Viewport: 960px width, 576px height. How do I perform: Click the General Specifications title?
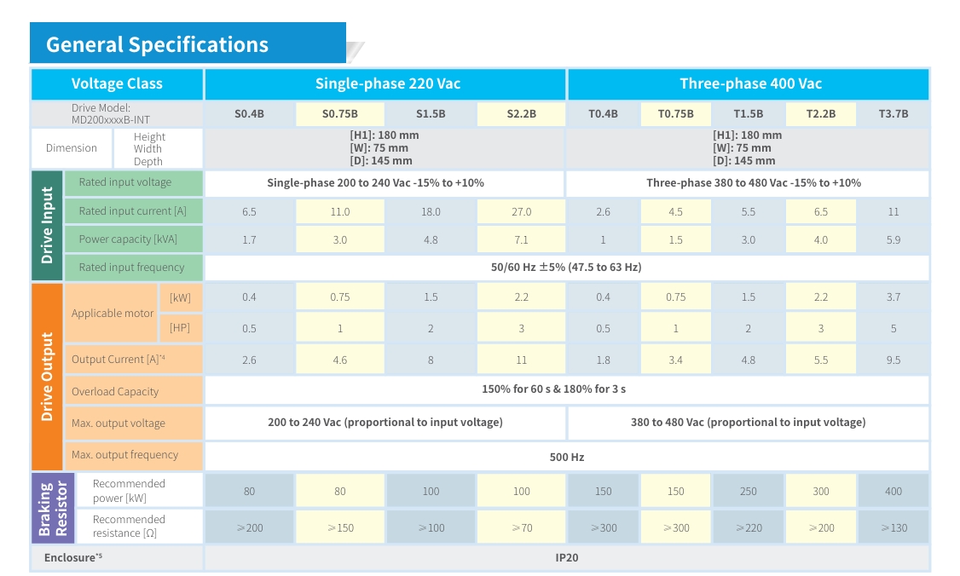click(x=157, y=44)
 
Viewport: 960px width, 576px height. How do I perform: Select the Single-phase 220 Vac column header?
click(x=388, y=84)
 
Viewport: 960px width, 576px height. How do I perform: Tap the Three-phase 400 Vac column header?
click(x=750, y=84)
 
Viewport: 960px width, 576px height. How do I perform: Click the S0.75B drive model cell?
click(x=339, y=113)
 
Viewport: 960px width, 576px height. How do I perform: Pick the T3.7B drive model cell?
click(x=893, y=113)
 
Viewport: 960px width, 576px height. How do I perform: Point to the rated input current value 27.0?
click(x=521, y=211)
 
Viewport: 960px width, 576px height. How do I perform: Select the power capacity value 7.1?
click(x=521, y=239)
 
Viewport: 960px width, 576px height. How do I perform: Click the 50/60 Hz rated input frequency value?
click(x=566, y=267)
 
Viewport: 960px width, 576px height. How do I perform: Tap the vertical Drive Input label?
click(x=47, y=225)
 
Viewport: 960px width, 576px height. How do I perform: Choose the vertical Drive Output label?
click(x=47, y=376)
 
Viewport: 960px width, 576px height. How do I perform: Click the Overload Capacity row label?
click(x=115, y=391)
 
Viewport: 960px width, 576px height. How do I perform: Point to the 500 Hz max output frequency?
click(x=566, y=457)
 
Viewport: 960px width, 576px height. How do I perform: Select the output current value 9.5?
click(x=893, y=360)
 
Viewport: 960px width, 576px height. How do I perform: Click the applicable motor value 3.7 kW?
click(x=893, y=297)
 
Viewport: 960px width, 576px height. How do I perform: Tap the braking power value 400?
click(x=893, y=491)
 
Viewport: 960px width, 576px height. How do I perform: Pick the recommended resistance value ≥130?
click(x=893, y=527)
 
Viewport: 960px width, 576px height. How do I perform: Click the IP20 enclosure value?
click(x=566, y=558)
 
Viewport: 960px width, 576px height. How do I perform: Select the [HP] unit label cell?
click(x=180, y=327)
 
